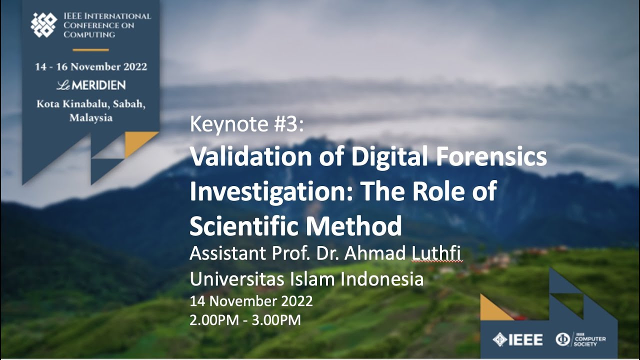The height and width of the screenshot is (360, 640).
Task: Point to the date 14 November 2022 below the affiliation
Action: coord(251,301)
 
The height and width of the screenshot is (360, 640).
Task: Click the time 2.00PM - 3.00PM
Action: coord(245,320)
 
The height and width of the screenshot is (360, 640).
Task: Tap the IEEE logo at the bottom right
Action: coord(517,340)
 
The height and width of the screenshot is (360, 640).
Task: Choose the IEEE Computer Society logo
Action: coord(580,340)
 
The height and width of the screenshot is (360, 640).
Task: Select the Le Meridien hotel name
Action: coord(90,85)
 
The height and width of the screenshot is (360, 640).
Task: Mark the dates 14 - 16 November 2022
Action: coord(91,67)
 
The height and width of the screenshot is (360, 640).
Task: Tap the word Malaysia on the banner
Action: coord(90,118)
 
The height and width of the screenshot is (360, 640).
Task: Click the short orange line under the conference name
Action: coord(90,50)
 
